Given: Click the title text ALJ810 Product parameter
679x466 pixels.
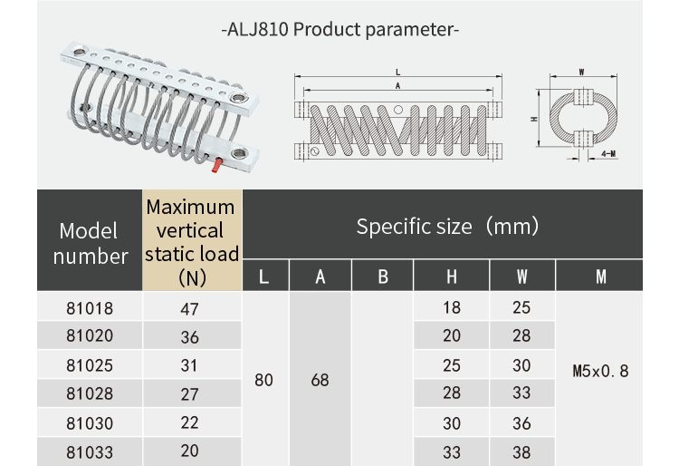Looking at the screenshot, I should [340, 29].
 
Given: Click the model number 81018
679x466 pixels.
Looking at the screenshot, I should [90, 308].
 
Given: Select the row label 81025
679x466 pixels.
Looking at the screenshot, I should [90, 365].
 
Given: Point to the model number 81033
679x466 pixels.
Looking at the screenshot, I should [90, 451].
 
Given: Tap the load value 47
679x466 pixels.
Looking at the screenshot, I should [189, 308].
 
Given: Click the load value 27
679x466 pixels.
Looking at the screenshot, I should [189, 393].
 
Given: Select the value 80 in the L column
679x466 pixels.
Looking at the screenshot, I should [263, 380].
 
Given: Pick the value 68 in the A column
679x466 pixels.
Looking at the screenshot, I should [320, 380].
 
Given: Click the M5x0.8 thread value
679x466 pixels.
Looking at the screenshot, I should [600, 371].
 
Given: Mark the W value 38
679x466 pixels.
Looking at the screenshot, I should [521, 451].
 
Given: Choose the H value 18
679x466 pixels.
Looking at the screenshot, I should [451, 308].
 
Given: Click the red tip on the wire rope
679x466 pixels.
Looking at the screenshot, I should [216, 165].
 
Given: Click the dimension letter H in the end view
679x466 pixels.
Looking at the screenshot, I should [535, 119].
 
